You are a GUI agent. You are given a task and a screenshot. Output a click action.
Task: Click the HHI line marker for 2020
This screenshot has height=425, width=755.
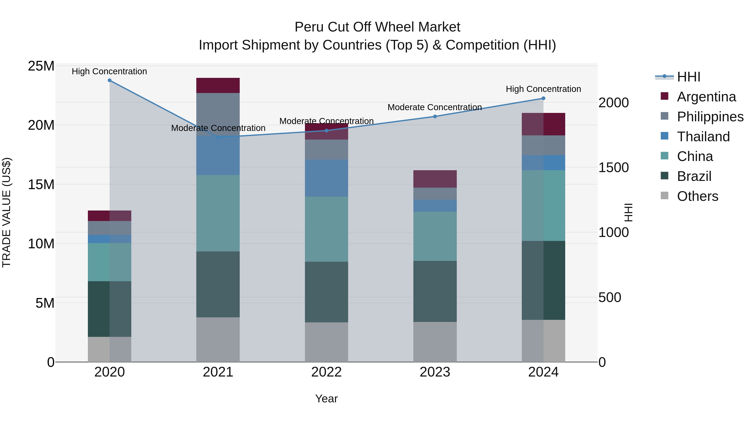click(110, 80)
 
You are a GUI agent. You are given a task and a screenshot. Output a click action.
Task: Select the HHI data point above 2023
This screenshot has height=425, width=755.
click(435, 116)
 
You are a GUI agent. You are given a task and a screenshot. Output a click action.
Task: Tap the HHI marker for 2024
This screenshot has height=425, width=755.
click(543, 99)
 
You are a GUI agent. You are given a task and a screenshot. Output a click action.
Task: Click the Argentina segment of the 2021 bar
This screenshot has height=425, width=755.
click(218, 85)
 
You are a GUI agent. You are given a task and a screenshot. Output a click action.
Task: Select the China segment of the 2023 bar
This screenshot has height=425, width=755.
click(435, 236)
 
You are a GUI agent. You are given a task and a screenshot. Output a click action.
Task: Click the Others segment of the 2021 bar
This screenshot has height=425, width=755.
click(218, 339)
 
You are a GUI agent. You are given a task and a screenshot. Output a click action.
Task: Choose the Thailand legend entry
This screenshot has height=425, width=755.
click(703, 137)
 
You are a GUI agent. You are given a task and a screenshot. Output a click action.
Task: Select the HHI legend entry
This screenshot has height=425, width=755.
click(688, 77)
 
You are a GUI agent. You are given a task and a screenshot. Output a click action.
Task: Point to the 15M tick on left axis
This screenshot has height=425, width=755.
click(41, 184)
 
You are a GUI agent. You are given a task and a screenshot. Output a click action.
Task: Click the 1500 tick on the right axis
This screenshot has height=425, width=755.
click(613, 167)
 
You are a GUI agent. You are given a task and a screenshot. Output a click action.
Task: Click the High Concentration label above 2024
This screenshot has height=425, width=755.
click(543, 89)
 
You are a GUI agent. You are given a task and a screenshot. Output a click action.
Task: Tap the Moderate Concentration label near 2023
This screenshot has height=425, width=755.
click(435, 107)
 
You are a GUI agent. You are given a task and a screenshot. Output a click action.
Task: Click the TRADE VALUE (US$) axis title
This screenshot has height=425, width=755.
click(7, 212)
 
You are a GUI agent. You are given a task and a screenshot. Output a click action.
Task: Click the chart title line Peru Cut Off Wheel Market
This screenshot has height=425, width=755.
click(377, 27)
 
